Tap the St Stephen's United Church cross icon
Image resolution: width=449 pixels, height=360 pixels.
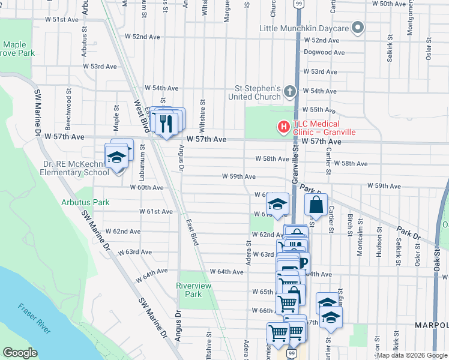coord(290,91)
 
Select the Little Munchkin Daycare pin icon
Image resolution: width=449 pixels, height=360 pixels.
coord(358,28)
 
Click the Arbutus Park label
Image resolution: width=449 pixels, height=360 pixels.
coord(85,202)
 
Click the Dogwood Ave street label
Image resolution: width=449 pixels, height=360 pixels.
coord(324,53)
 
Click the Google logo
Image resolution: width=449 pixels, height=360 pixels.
coord(20,352)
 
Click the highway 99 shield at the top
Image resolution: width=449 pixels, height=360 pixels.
coord(299,4)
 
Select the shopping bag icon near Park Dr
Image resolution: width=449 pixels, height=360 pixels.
coord(316,205)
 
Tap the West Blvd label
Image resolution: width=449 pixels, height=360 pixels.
coord(139,113)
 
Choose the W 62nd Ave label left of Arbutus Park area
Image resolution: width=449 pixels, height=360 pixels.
coord(122,232)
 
